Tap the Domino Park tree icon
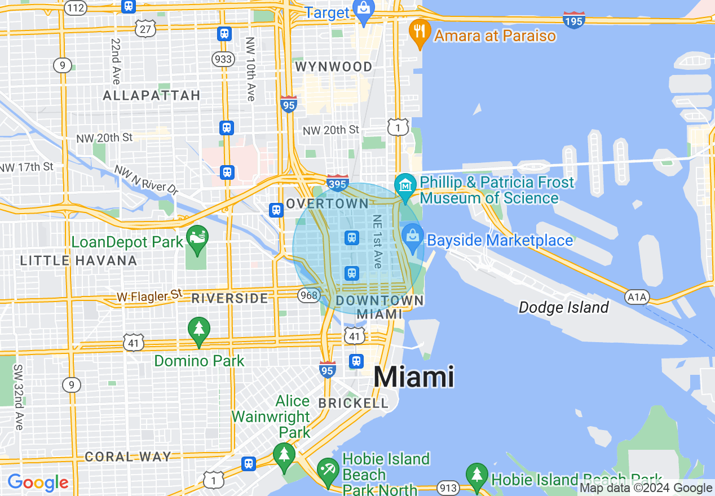click(198, 329)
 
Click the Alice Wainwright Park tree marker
click(284, 455)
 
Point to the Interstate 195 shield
click(573, 20)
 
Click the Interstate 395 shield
click(337, 182)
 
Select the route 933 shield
click(224, 59)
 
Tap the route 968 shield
click(310, 295)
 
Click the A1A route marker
click(637, 296)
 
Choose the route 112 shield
click(75, 8)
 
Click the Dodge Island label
click(563, 307)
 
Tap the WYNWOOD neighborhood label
click(334, 67)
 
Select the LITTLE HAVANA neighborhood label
click(78, 260)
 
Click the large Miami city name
click(414, 377)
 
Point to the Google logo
click(38, 482)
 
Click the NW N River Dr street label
click(145, 180)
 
